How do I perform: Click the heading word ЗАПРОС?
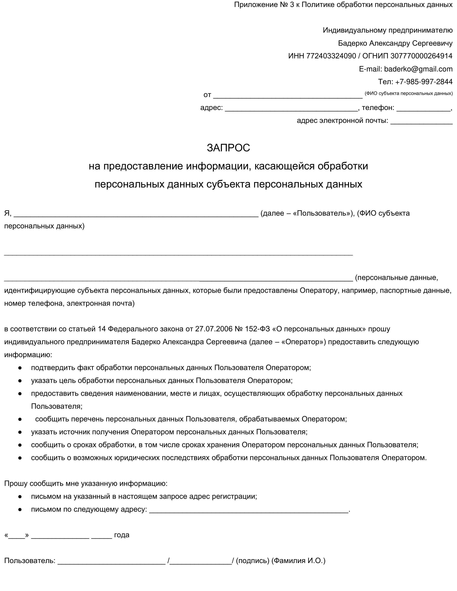[228, 148]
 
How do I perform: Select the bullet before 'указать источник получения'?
[20, 432]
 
